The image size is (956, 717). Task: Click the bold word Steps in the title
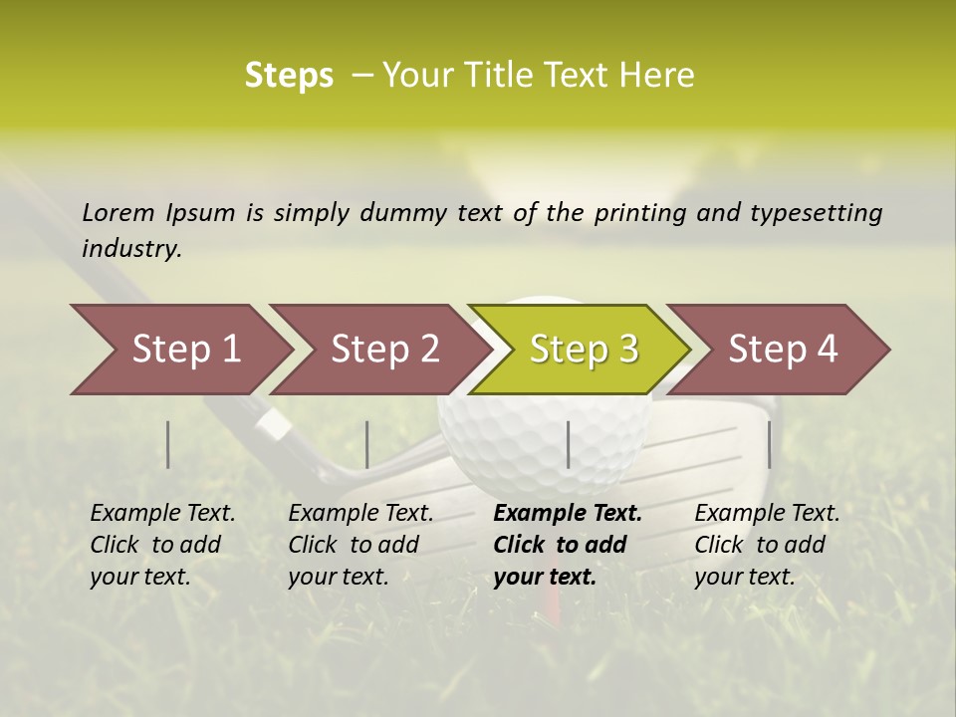click(x=289, y=75)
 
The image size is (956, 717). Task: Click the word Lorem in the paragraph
click(x=119, y=212)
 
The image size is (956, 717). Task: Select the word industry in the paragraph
click(x=130, y=248)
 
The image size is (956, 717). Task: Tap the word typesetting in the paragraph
click(x=816, y=212)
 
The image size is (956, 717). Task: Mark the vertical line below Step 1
click(x=168, y=444)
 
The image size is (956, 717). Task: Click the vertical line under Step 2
click(x=367, y=444)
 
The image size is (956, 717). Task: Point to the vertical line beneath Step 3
click(x=568, y=444)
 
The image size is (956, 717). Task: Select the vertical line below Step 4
click(x=770, y=444)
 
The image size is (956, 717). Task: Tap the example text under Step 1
click(x=162, y=545)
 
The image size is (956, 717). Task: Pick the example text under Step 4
click(x=767, y=545)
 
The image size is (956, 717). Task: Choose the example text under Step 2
click(x=360, y=545)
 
